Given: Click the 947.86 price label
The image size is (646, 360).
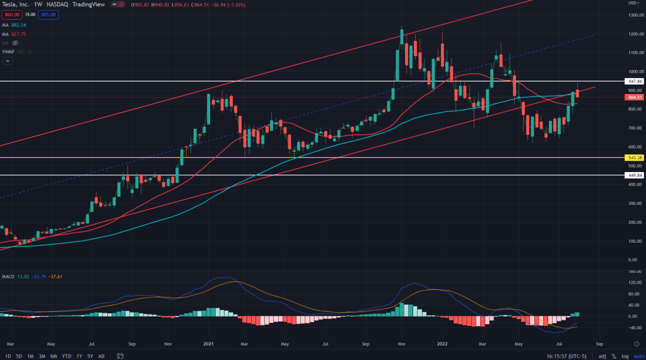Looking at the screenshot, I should (634, 81).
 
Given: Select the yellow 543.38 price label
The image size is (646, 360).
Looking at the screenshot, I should (634, 157).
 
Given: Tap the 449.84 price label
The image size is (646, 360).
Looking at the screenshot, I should (634, 175).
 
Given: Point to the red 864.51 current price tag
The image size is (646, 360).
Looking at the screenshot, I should (634, 97).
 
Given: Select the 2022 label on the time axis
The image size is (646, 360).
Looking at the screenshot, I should (440, 344).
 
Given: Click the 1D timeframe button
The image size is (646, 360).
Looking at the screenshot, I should (7, 356).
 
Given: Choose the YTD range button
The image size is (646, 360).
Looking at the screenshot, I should (66, 356).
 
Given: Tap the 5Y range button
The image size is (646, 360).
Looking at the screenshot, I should (90, 356).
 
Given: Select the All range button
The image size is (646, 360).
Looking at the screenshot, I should (102, 356).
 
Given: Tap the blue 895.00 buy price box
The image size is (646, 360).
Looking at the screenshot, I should (48, 15).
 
